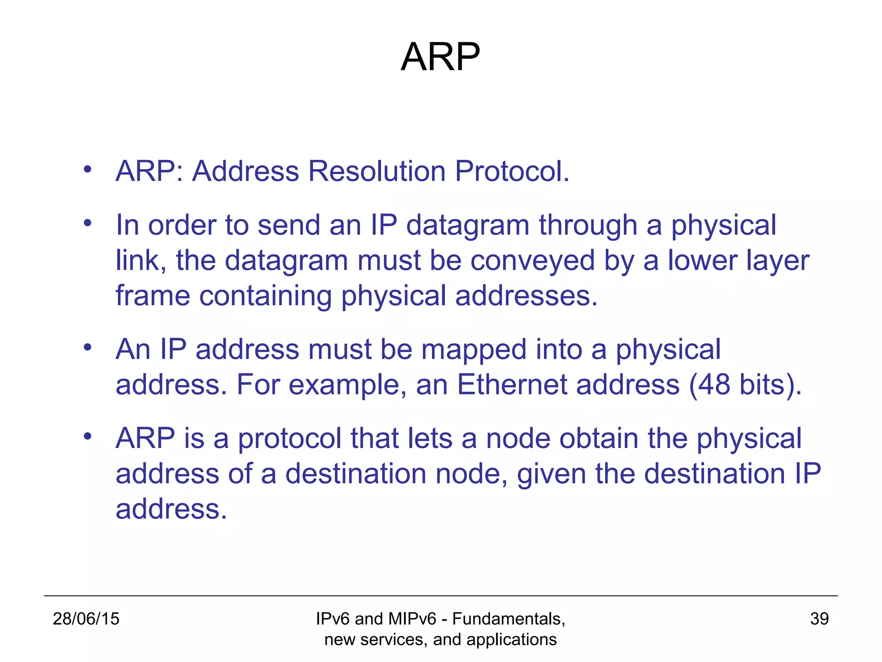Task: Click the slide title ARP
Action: point(440,57)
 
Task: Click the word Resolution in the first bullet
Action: point(377,172)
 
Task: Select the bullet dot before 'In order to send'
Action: point(88,223)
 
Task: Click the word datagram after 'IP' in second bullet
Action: point(468,226)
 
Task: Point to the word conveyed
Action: point(532,261)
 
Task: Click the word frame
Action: point(153,297)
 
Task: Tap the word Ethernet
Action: point(512,385)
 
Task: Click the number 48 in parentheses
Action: point(713,385)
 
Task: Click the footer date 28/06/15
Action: point(86,619)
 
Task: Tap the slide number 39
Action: point(819,619)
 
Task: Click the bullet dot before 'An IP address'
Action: point(88,347)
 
